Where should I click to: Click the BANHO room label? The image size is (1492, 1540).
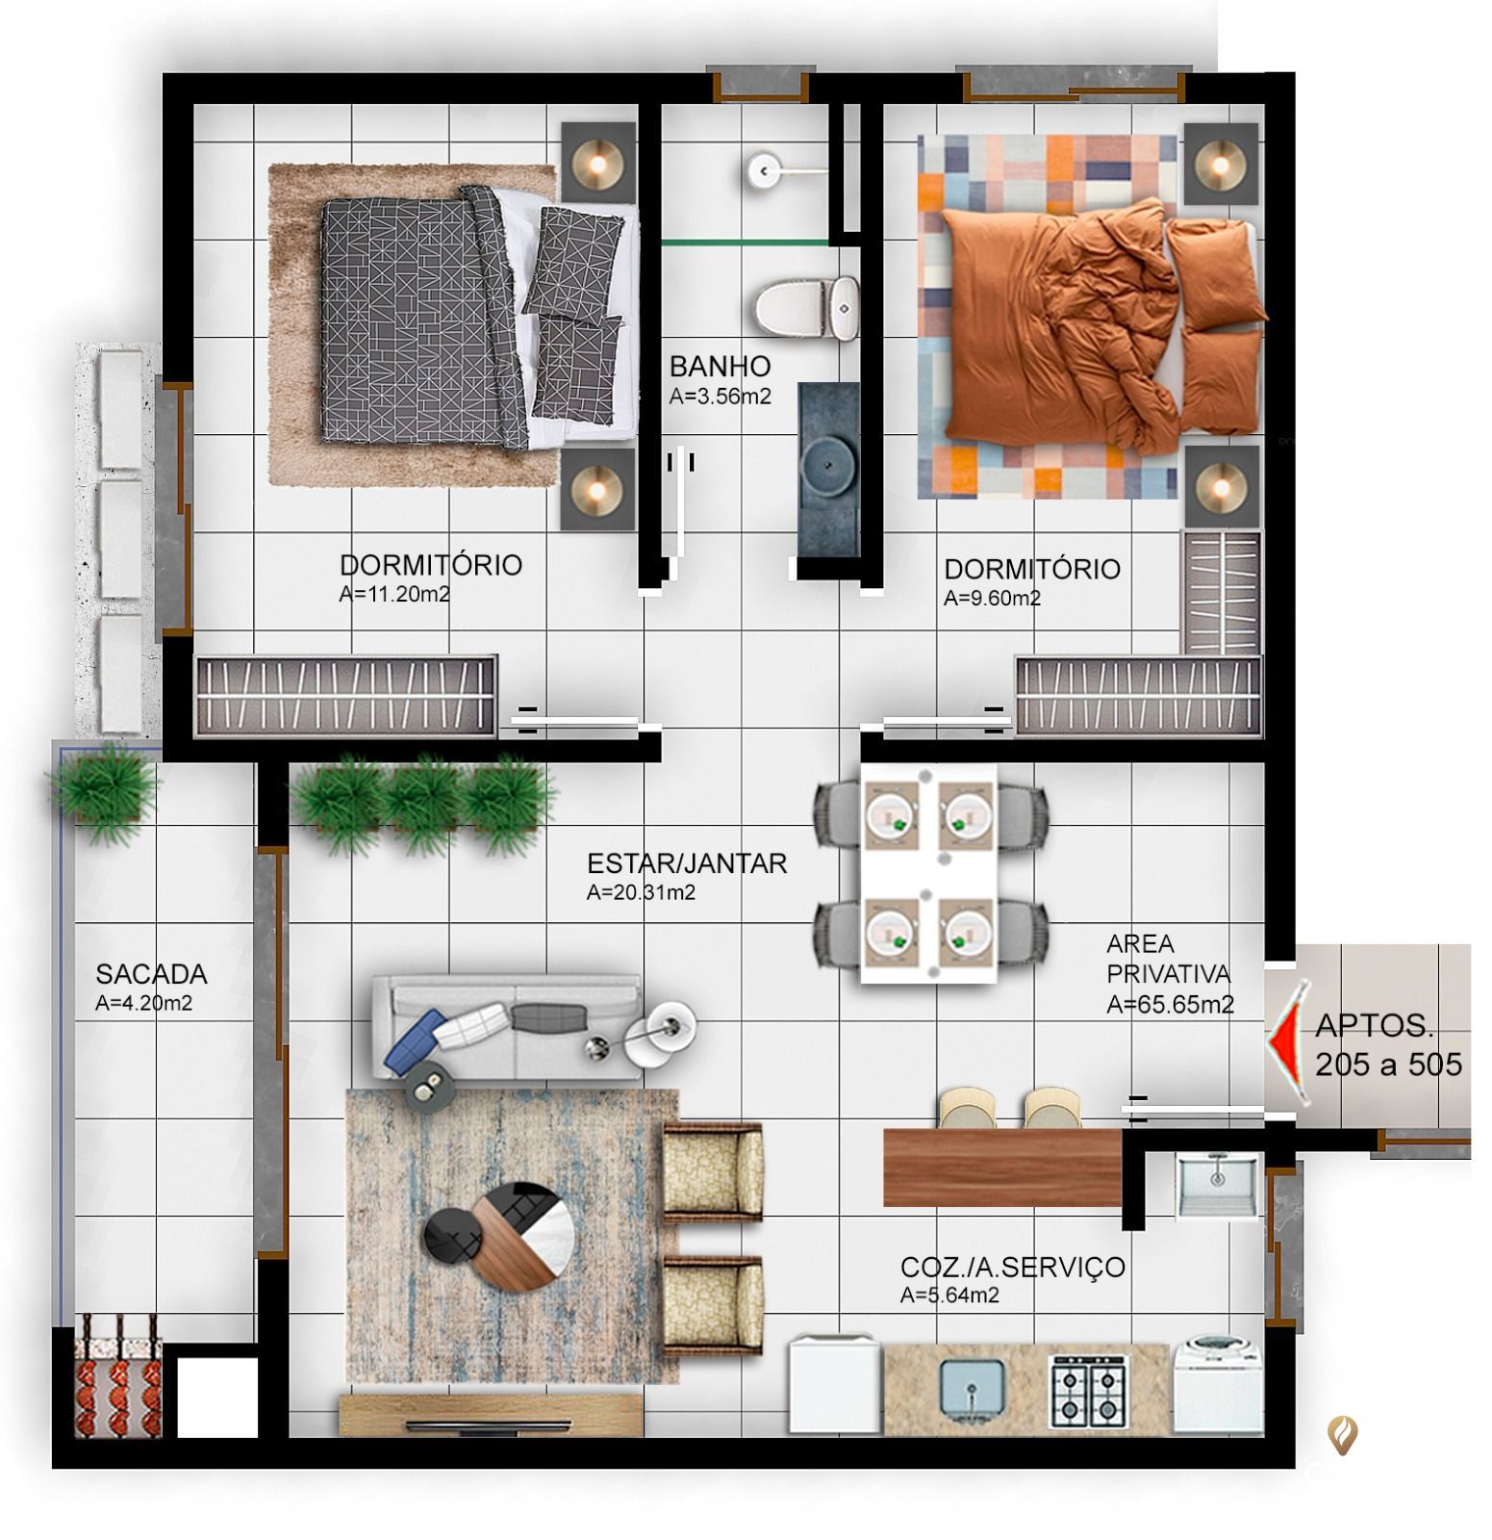[x=720, y=366]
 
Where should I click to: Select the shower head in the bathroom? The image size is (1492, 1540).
[x=763, y=170]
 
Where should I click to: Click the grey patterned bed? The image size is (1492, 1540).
[x=452, y=318]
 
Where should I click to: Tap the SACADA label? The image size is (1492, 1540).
[x=151, y=973]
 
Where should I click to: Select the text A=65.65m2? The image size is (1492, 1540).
[x=1170, y=1005]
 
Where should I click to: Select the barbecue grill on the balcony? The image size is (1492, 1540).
[x=118, y=1374]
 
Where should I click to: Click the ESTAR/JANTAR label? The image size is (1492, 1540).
[x=687, y=863]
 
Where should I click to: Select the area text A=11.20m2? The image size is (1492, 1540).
[x=394, y=594]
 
